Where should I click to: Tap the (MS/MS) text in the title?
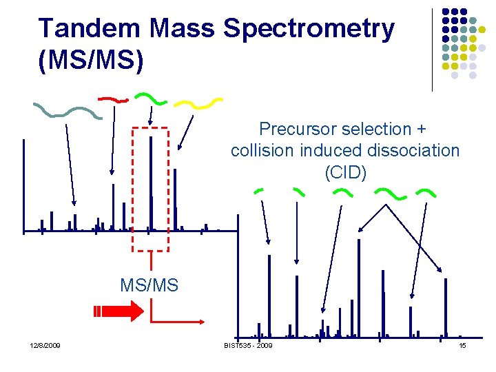pyautogui.click(x=92, y=60)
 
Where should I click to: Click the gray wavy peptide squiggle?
pyautogui.click(x=68, y=111)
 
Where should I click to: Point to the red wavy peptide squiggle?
pyautogui.click(x=113, y=99)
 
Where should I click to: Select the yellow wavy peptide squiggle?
pyautogui.click(x=198, y=103)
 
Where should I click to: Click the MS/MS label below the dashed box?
pyautogui.click(x=149, y=285)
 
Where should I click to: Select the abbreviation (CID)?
pyautogui.click(x=345, y=172)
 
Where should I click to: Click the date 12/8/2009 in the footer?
pyautogui.click(x=45, y=345)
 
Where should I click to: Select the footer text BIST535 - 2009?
pyautogui.click(x=248, y=345)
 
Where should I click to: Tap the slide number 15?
pyautogui.click(x=463, y=345)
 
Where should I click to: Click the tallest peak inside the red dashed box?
pyautogui.click(x=150, y=183)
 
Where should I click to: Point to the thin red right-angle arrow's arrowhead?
pyautogui.click(x=200, y=321)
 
